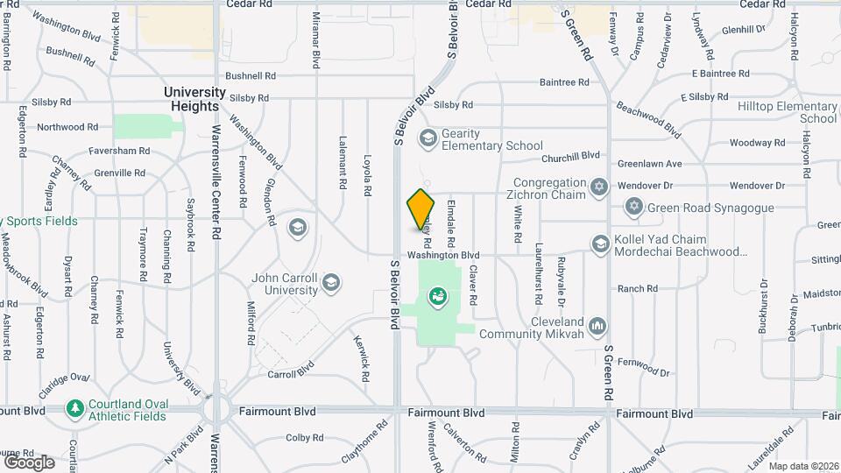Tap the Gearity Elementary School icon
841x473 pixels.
(428, 137)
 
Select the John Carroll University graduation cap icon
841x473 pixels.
(330, 282)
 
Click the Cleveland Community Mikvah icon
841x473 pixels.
(598, 326)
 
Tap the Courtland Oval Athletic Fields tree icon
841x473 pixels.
(76, 409)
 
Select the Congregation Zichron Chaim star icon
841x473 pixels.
(599, 187)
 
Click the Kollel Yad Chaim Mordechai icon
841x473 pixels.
(600, 244)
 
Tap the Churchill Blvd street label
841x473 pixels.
(570, 156)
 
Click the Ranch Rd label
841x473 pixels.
(637, 288)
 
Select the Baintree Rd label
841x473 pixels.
(564, 82)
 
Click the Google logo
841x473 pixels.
(29, 462)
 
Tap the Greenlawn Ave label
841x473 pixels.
(649, 164)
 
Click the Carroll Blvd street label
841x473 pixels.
(290, 373)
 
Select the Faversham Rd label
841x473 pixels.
(119, 151)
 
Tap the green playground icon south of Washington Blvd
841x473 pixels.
(436, 297)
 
